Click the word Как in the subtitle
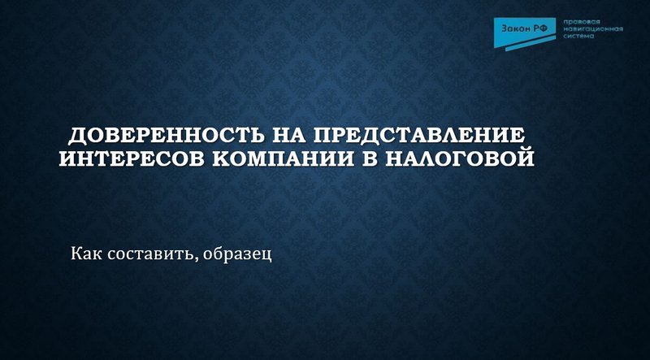[x=84, y=254]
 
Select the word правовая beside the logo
[x=580, y=22]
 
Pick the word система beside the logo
[x=577, y=37]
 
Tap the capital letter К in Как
[x=76, y=254]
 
